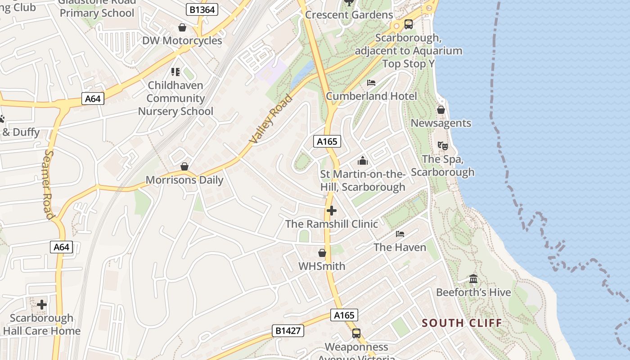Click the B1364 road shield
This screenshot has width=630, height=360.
pyautogui.click(x=202, y=9)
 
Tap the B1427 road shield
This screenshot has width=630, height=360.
pyautogui.click(x=288, y=331)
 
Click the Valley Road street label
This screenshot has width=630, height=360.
pyautogui.click(x=271, y=119)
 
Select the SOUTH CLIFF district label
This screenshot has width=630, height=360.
pyautogui.click(x=462, y=323)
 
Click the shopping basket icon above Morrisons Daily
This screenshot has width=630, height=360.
pyautogui.click(x=184, y=166)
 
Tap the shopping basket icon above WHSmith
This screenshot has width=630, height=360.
pyautogui.click(x=322, y=253)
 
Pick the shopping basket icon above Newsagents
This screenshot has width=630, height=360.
pyautogui.click(x=441, y=110)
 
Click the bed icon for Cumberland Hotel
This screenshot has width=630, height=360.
pyautogui.click(x=371, y=83)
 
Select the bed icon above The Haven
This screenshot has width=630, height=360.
pyautogui.click(x=400, y=234)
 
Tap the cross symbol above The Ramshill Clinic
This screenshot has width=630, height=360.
pyautogui.click(x=332, y=210)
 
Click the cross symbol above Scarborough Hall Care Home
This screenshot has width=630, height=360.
pyautogui.click(x=42, y=305)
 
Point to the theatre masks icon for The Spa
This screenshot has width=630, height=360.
pyautogui.click(x=443, y=146)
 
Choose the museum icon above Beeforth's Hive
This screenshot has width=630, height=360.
pyautogui.click(x=473, y=279)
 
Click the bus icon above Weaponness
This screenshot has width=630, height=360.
pyautogui.click(x=356, y=333)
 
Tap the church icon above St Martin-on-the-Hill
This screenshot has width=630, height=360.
pyautogui.click(x=363, y=161)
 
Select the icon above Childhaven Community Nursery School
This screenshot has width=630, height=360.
pyautogui.click(x=175, y=72)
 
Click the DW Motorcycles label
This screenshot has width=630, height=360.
pyautogui.click(x=182, y=40)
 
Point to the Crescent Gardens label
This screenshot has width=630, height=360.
pyautogui.click(x=349, y=15)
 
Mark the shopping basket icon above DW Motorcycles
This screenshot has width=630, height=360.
pyautogui.click(x=182, y=28)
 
